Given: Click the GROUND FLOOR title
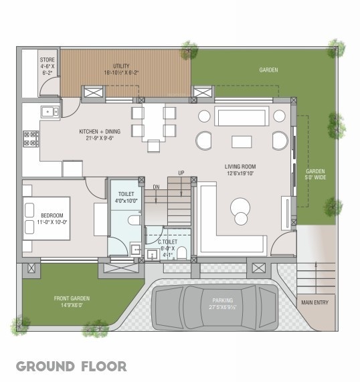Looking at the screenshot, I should coord(71,366).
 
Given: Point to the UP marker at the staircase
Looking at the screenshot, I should coord(181,173).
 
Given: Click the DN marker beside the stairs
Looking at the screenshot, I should coord(155,187).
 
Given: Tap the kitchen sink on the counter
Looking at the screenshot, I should coord(49,112).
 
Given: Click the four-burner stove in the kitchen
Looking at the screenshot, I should coord(31,138).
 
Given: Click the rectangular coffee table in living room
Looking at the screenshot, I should coord(242,141).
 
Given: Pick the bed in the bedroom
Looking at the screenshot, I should coord(46,219).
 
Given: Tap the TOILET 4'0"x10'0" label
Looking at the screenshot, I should coord(125,197).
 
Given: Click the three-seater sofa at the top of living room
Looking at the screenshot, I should coord(242,116).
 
